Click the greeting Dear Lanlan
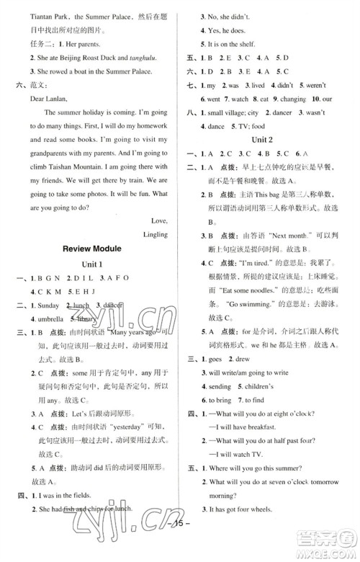coord(50,100)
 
